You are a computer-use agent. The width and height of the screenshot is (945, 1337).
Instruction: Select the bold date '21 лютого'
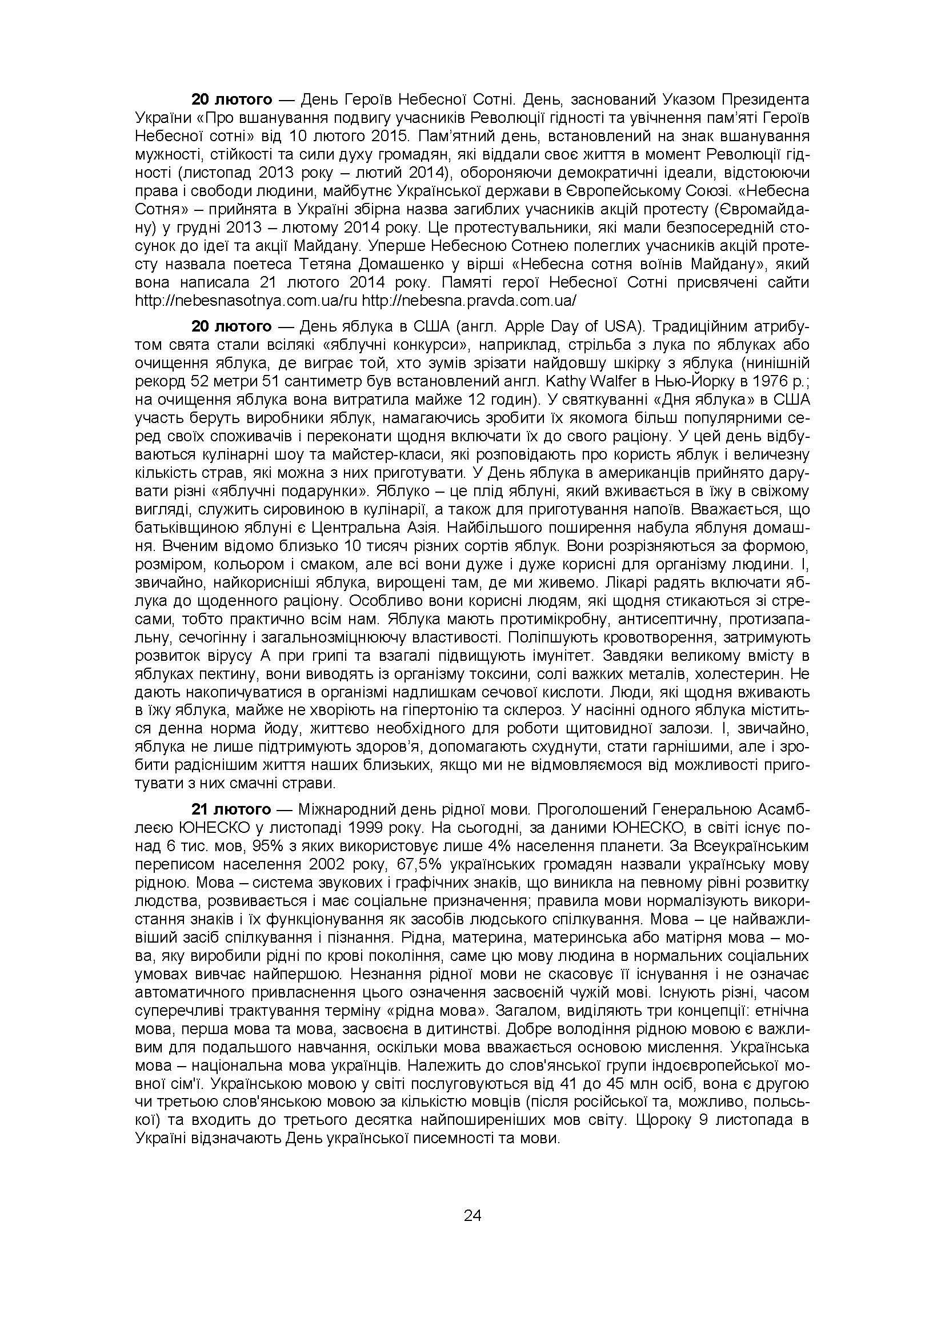231,809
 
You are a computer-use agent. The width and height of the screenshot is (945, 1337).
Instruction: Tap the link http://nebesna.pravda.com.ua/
469,300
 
